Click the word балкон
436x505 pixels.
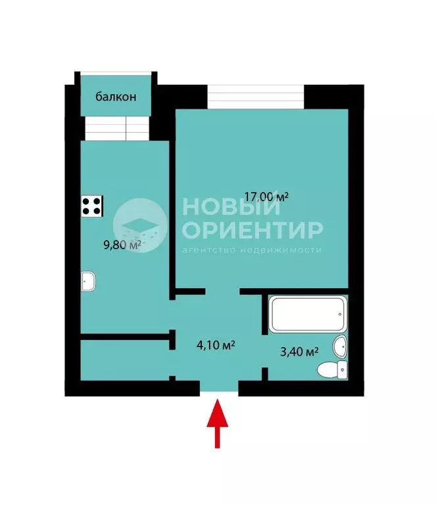pyautogui.click(x=116, y=97)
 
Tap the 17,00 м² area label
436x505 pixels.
pyautogui.click(x=266, y=196)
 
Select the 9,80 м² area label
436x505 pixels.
pyautogui.click(x=123, y=245)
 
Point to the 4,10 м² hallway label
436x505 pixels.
pyautogui.click(x=216, y=344)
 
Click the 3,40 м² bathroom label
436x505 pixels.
pyautogui.click(x=299, y=352)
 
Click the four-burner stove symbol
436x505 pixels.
pyautogui.click(x=92, y=206)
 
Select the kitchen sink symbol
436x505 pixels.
pyautogui.click(x=89, y=282)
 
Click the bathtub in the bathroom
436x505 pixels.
pyautogui.click(x=306, y=314)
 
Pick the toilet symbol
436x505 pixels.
pyautogui.click(x=333, y=371)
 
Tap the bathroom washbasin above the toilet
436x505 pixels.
pyautogui.click(x=340, y=345)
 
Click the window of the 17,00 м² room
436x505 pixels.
pyautogui.click(x=256, y=97)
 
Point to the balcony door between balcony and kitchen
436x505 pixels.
pyautogui.click(x=115, y=128)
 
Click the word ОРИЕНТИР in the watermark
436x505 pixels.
pyautogui.click(x=253, y=229)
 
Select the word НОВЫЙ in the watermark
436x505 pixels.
pyautogui.click(x=231, y=206)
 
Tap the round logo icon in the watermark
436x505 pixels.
pyautogui.click(x=139, y=224)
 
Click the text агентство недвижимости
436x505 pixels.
pyautogui.click(x=251, y=250)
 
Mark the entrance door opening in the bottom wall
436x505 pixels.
pyautogui.click(x=219, y=389)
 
